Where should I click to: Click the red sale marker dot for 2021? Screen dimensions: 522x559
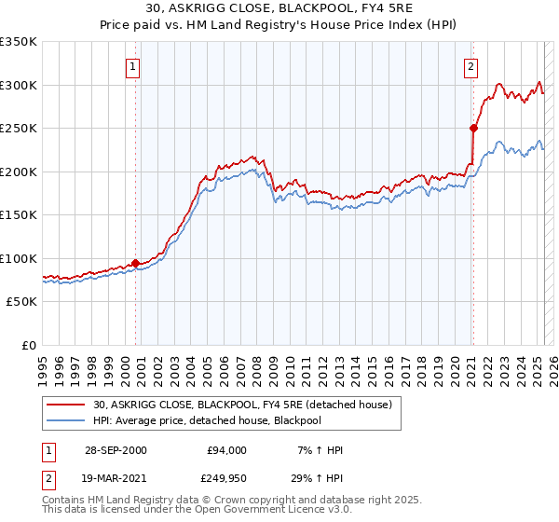coord(473,129)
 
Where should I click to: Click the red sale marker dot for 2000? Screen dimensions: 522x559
coord(136,263)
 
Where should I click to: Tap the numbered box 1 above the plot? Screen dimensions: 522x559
coord(133,66)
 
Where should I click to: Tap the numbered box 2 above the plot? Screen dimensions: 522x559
coord(471,66)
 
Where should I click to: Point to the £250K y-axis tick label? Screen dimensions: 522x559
coord(18,129)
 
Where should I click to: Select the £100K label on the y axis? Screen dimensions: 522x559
coord(18,258)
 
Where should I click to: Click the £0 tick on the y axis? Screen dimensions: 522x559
coord(27,345)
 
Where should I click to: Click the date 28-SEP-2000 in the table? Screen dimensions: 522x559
coord(116,450)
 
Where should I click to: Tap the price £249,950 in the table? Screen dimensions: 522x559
coord(225,478)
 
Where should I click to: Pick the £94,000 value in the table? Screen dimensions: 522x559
coord(225,450)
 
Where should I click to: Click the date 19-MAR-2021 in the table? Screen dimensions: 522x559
coord(116,478)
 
